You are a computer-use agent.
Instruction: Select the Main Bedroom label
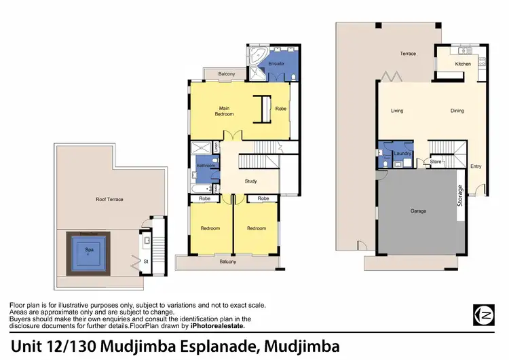click(x=225, y=111)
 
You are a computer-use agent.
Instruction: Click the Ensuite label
click(x=276, y=64)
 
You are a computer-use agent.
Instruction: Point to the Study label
click(x=250, y=181)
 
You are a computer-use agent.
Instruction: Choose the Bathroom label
click(x=206, y=165)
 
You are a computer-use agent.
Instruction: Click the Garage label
click(x=418, y=211)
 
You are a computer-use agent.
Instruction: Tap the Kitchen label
click(x=463, y=64)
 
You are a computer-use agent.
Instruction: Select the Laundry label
click(x=402, y=154)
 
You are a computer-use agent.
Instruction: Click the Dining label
click(x=457, y=111)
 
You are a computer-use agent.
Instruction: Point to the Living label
click(x=398, y=111)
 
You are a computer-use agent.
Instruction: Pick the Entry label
click(x=476, y=165)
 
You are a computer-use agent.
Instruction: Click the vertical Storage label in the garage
click(x=460, y=196)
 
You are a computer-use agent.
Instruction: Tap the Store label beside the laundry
click(x=435, y=162)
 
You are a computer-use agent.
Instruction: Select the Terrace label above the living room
click(x=407, y=54)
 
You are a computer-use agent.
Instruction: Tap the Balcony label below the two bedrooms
click(x=227, y=260)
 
